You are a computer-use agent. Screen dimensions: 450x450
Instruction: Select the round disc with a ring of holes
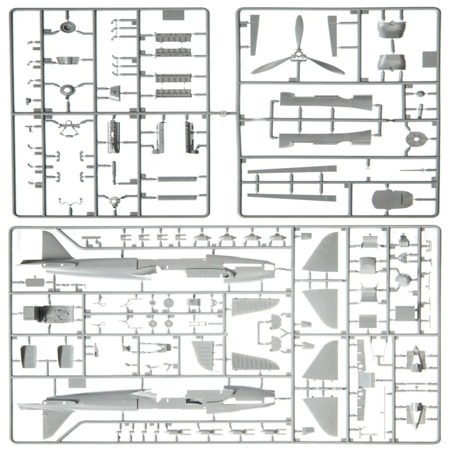point(416,139)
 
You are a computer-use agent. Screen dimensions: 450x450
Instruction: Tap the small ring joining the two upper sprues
point(222,114)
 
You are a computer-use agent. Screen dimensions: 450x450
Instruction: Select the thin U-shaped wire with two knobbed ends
point(70,203)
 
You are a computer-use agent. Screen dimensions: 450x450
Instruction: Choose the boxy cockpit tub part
point(48,312)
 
